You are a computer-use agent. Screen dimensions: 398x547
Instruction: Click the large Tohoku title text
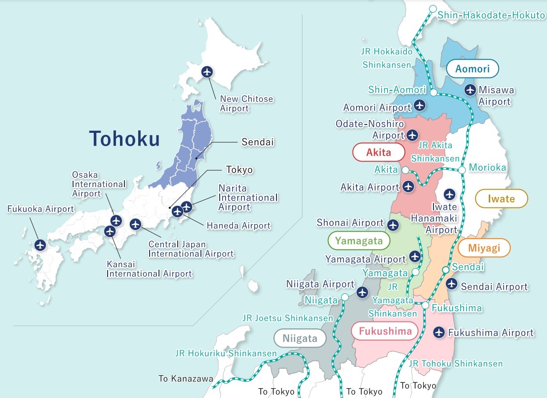(124, 139)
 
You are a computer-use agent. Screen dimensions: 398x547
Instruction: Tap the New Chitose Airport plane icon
(207, 72)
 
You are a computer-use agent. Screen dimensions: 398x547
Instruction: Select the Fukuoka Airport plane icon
(40, 244)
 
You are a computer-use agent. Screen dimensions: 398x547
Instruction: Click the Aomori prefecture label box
(472, 69)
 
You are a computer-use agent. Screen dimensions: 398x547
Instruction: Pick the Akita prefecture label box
(378, 153)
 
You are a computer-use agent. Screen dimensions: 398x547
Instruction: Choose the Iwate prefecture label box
(501, 199)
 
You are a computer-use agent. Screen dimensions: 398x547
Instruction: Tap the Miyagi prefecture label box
(483, 248)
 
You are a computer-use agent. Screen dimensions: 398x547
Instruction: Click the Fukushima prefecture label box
(385, 331)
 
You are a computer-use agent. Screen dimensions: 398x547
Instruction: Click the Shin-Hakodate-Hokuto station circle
(432, 8)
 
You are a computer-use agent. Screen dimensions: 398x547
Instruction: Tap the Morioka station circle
(462, 170)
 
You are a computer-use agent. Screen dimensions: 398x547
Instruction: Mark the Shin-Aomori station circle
(433, 92)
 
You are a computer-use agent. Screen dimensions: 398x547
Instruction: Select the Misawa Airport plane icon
(470, 90)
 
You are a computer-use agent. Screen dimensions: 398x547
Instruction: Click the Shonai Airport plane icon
(393, 225)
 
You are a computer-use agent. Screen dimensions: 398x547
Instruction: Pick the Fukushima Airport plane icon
(438, 333)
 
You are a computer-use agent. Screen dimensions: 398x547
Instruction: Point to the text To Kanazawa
(186, 379)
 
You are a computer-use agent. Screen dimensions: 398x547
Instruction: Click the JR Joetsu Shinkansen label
(287, 318)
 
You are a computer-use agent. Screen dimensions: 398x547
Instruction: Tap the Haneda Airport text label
(238, 226)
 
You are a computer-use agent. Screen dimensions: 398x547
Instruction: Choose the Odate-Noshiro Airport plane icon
(412, 134)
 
